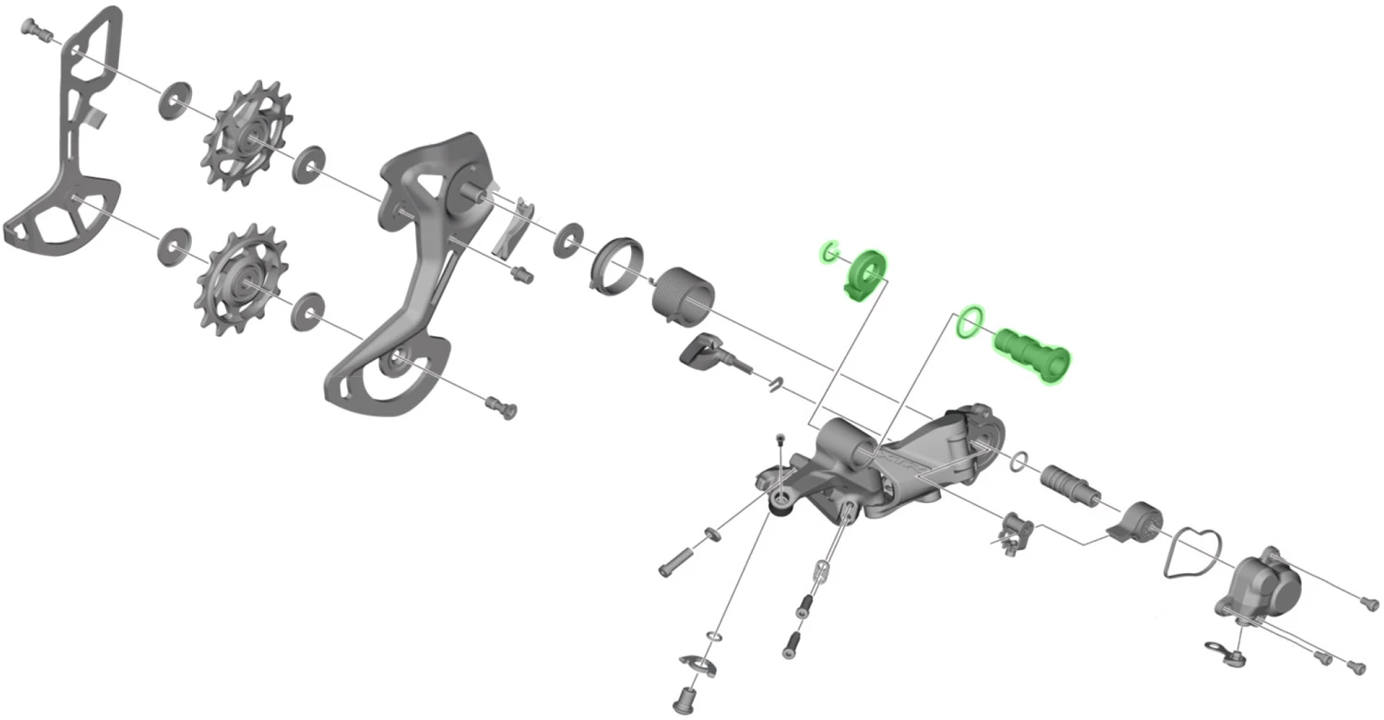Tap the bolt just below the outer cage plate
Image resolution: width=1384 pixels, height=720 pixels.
click(x=503, y=407)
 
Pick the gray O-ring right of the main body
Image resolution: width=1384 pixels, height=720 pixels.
click(x=1020, y=461)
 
